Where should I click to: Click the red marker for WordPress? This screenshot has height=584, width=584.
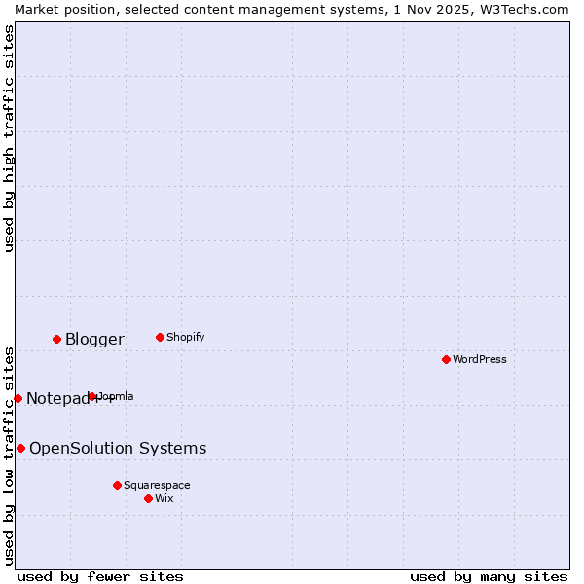click(446, 359)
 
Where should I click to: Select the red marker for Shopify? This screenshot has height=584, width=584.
click(160, 337)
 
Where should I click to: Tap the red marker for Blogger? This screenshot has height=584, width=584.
click(56, 339)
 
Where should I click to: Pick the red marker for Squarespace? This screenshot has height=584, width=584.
click(117, 485)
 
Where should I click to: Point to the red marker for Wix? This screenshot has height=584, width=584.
click(148, 498)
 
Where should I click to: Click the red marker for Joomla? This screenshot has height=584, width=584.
click(91, 396)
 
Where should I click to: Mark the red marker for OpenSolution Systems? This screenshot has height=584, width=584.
click(20, 448)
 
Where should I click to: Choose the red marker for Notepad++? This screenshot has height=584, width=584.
click(18, 398)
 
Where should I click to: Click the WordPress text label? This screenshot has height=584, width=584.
click(480, 359)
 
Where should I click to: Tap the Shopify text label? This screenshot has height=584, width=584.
click(185, 337)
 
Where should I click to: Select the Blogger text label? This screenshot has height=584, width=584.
click(94, 339)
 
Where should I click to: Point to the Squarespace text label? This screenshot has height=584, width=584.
click(157, 485)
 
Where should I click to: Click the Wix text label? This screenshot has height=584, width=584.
click(164, 498)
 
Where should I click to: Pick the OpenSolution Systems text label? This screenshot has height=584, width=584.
click(118, 448)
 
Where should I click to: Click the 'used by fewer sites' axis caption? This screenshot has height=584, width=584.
click(100, 576)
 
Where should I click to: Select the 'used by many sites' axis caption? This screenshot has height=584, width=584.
click(489, 576)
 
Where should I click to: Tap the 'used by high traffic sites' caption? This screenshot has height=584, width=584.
click(9, 138)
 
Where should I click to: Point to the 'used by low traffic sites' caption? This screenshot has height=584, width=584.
click(9, 455)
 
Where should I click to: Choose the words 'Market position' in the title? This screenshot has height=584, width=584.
click(55, 9)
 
